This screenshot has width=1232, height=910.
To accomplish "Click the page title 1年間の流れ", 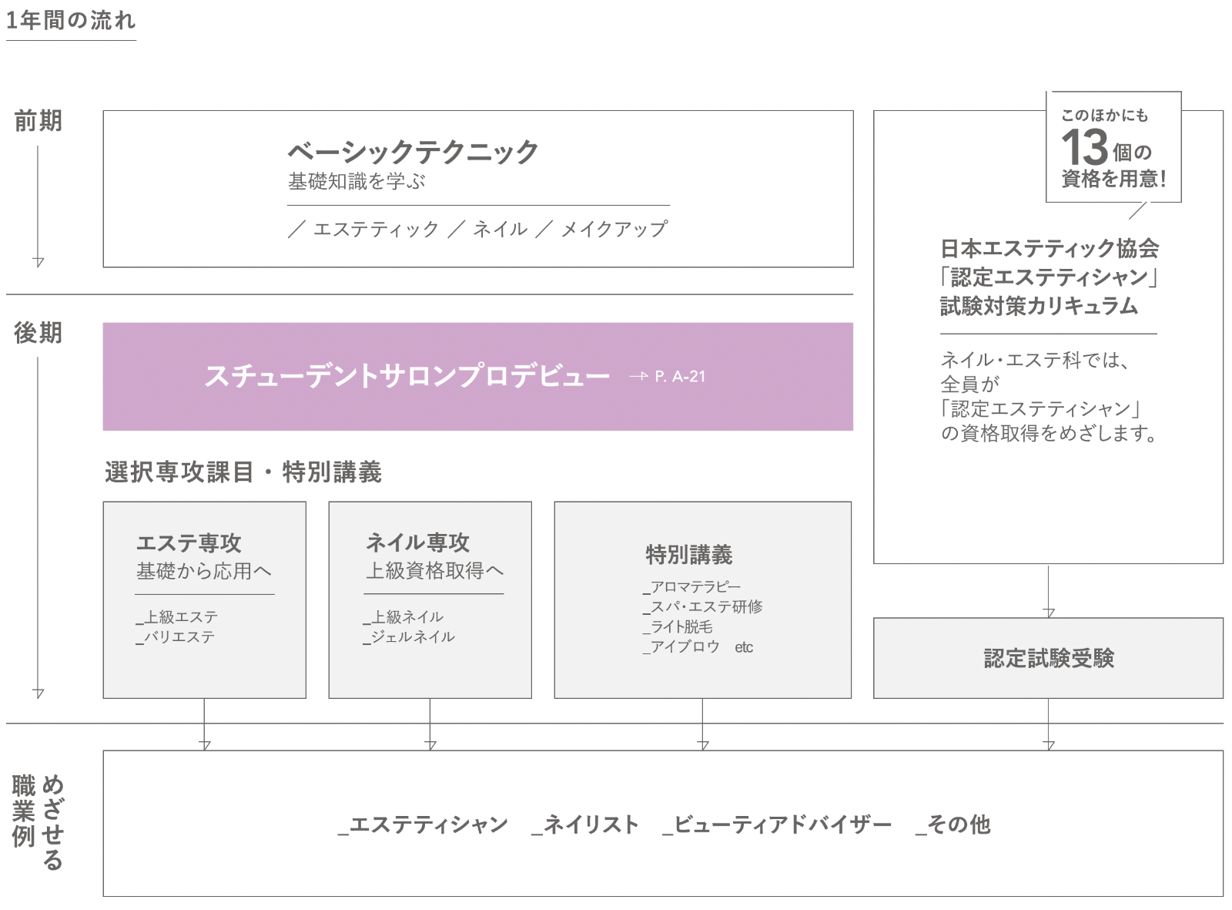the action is coord(71,21).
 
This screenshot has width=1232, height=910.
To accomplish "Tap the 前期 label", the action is coord(38,121).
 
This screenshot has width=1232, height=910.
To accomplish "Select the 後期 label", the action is coord(38,333).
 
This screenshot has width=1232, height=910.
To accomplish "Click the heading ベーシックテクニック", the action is coord(413,152).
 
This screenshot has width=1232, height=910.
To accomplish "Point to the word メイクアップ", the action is coord(614,229).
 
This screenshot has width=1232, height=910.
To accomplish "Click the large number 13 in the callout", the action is coord(1084,146).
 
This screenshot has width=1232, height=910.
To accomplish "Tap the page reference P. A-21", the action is coord(680,377).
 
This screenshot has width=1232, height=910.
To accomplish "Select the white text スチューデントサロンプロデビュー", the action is coord(407,376).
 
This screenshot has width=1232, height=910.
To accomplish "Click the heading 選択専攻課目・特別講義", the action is coord(243,472).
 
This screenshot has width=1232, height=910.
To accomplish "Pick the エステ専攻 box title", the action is coord(189,543).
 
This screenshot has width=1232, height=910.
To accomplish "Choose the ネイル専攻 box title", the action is coord(417,542).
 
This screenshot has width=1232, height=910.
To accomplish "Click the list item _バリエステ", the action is coord(175,637).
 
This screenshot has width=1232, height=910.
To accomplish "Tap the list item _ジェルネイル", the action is coord(409,637).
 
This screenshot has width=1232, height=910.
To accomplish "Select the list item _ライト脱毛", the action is coord(678,627).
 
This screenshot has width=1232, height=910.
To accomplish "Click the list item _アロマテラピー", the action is coord(691,586).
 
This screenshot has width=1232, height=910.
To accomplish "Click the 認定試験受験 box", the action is coord(1048,658).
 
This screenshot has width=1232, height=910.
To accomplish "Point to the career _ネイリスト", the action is coord(585,824).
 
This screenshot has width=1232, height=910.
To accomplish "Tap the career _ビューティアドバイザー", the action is coord(777,824).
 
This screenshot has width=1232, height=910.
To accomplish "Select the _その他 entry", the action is coord(953,824).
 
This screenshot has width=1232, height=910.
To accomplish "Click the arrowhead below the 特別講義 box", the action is coord(703,745).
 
